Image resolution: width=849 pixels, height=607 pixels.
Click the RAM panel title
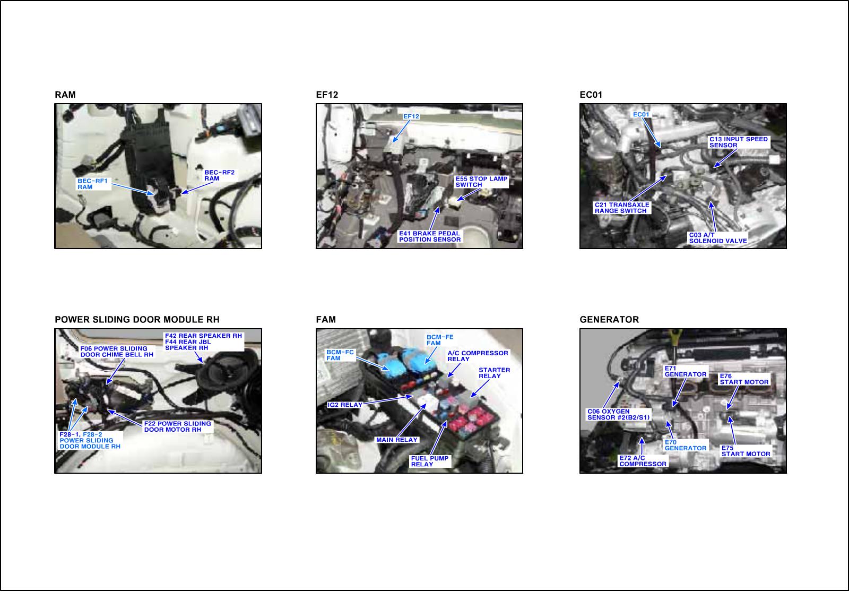coord(65,95)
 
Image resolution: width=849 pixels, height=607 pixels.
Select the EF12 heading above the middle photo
coord(327,95)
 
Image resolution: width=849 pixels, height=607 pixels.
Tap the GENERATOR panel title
coord(609,320)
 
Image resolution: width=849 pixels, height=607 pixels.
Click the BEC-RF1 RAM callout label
coord(92,184)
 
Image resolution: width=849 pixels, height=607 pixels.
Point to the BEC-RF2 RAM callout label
coord(220,175)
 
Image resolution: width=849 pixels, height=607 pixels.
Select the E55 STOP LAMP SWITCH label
coord(481,182)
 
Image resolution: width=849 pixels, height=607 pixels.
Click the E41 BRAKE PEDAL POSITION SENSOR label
coord(430,236)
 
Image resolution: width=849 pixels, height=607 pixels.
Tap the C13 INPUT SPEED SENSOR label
coord(738,142)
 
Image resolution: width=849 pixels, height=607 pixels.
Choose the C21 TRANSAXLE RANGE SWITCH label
coord(622,208)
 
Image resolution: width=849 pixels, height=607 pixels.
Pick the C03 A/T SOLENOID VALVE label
coord(718,238)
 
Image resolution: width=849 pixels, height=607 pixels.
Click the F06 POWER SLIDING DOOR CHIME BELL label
coord(117,352)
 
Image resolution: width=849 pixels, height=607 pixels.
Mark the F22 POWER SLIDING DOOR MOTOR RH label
coord(177,426)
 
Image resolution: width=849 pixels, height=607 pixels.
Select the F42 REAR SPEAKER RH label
coord(203,336)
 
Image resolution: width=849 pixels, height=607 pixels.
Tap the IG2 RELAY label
coord(345,405)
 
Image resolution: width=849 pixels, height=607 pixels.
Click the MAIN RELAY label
coord(397,440)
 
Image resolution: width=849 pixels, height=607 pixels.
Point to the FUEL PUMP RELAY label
coord(430,461)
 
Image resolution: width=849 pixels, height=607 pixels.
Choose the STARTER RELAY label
coord(494,373)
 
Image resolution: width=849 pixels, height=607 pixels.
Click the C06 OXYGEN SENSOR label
coord(619,414)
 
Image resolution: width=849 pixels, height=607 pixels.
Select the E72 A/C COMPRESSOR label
coord(643,461)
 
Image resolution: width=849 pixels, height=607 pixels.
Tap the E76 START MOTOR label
coord(744,379)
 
